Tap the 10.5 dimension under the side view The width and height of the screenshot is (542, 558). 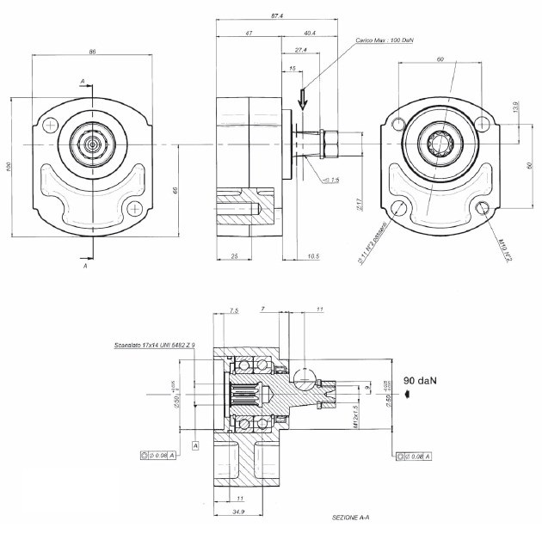point(313,255)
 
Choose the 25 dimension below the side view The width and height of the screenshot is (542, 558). point(234,255)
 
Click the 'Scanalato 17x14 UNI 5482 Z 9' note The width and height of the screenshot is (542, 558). point(155,345)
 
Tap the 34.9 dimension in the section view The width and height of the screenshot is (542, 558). point(240,512)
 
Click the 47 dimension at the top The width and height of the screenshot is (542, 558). point(249,33)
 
